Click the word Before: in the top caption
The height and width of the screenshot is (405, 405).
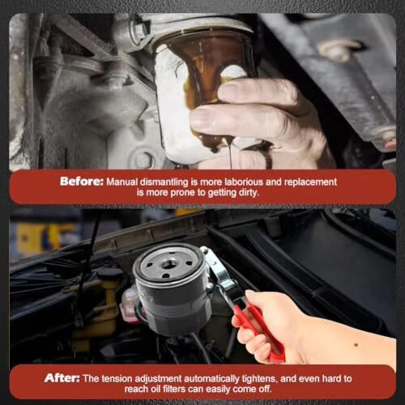coord(81,181)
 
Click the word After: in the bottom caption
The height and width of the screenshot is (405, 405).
coord(62,378)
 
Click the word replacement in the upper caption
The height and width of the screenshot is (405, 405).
coord(311,182)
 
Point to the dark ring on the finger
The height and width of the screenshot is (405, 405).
coord(267,156)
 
